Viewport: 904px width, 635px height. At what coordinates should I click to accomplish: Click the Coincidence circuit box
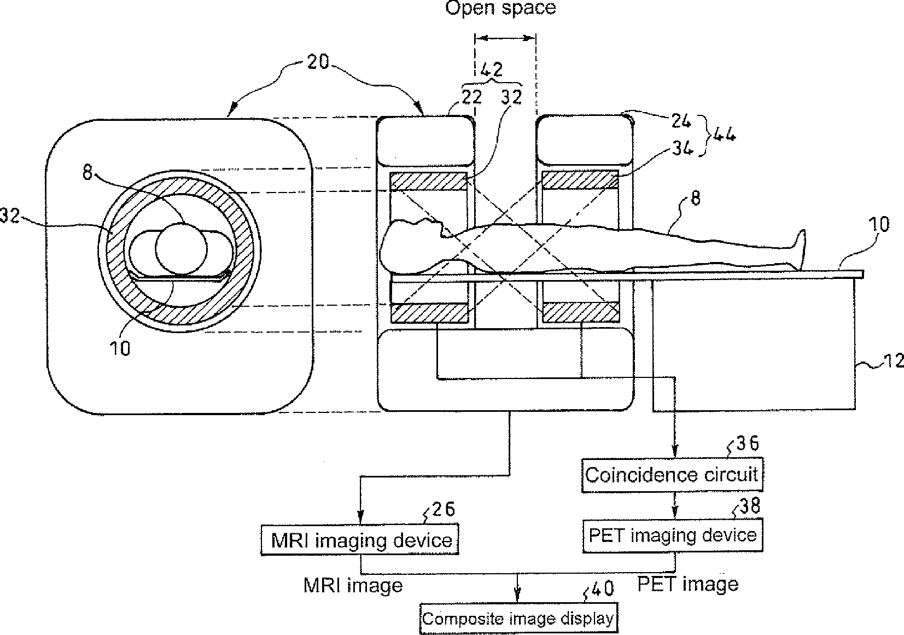click(672, 474)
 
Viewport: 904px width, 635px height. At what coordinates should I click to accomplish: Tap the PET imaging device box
click(672, 535)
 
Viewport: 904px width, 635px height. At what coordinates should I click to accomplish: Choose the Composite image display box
click(518, 618)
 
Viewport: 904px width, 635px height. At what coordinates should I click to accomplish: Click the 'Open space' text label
click(500, 8)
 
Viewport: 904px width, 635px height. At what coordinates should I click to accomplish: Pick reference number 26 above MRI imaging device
click(442, 510)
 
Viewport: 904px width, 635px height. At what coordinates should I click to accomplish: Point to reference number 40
click(602, 589)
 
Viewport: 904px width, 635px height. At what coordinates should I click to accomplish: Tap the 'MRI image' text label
click(353, 585)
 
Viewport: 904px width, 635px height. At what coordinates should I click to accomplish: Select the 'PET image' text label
click(689, 584)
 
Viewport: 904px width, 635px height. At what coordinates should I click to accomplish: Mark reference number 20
click(318, 62)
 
